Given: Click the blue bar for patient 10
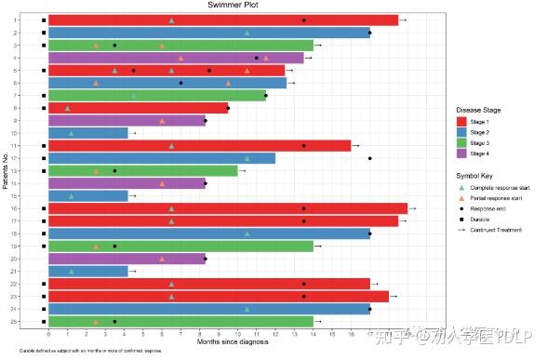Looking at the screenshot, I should pyautogui.click(x=87, y=133).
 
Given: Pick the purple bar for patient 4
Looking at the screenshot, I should pyautogui.click(x=176, y=58).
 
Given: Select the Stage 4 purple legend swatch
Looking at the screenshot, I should pyautogui.click(x=462, y=153).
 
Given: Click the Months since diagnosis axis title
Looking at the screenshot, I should pyautogui.click(x=233, y=341).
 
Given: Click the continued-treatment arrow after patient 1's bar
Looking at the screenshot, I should pyautogui.click(x=403, y=20).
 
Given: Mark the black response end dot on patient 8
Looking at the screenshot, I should pyautogui.click(x=228, y=108).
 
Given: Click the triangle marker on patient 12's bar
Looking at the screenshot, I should pyautogui.click(x=247, y=158).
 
